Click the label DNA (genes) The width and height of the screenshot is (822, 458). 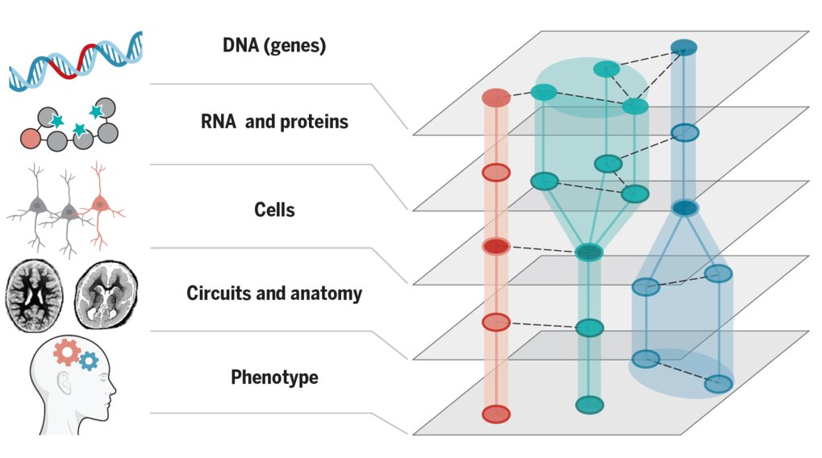(274, 46)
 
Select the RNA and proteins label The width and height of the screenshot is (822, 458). (274, 122)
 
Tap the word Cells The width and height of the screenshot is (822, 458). (274, 210)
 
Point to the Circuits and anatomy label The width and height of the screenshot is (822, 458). (274, 294)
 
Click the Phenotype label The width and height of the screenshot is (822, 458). (274, 377)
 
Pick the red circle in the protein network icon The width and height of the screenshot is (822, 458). (31, 139)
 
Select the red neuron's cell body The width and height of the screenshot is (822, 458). (99, 203)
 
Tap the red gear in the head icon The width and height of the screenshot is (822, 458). (67, 352)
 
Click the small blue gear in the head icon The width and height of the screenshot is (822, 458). (89, 361)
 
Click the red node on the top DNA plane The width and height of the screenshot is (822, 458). (496, 98)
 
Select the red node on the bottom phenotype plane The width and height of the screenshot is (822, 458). (496, 414)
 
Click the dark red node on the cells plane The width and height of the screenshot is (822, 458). (496, 246)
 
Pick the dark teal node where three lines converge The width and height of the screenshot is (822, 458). (589, 252)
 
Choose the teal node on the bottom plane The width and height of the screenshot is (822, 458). (590, 405)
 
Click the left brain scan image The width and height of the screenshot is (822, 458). (35, 296)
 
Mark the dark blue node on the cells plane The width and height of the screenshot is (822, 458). (685, 208)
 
